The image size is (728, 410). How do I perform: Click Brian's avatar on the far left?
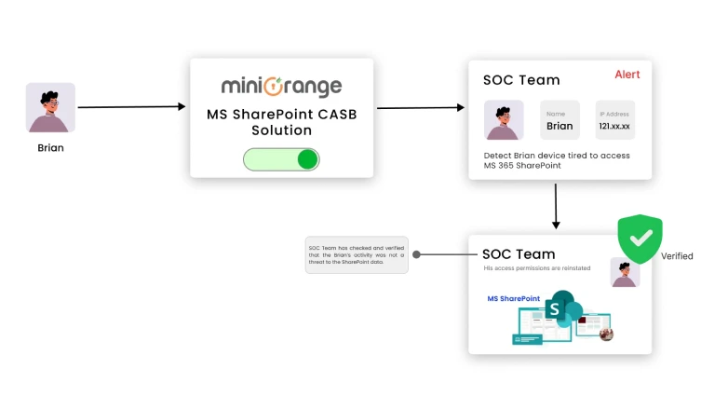point(50,107)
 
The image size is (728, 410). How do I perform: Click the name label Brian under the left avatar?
point(50,147)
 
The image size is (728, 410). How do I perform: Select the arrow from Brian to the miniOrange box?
point(131,107)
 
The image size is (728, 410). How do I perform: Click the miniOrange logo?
point(281,87)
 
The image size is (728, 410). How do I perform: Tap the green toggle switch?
point(281,159)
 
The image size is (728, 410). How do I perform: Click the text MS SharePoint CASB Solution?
point(281,122)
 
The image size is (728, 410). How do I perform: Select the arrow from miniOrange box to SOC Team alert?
point(420,108)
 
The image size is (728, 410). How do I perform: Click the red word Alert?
point(627,75)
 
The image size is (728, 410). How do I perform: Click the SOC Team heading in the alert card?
point(520,80)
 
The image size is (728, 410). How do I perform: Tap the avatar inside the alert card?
point(504,120)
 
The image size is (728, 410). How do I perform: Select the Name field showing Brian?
point(559,121)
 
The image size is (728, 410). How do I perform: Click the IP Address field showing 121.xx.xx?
point(614,121)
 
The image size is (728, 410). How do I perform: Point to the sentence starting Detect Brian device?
point(557,160)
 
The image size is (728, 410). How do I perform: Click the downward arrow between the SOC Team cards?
point(556,206)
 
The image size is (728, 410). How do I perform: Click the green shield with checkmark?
point(640,239)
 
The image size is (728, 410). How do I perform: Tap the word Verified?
point(677,256)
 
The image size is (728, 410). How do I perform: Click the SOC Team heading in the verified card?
point(519,253)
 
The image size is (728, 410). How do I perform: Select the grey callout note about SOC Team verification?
point(357,254)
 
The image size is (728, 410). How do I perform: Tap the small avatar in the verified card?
point(625,273)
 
